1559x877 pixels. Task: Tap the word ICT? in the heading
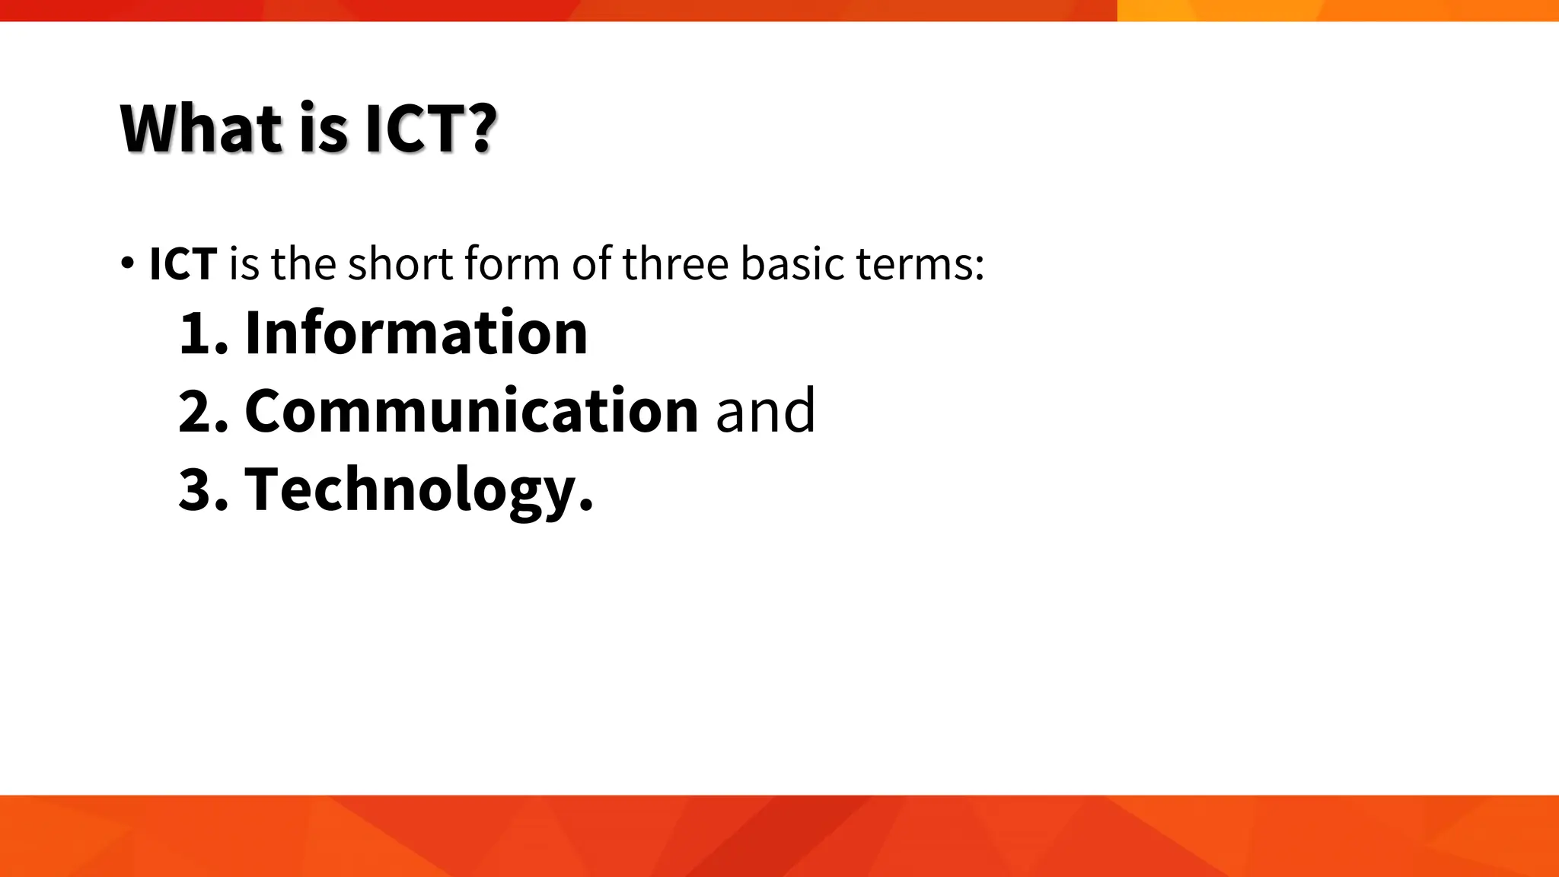click(x=430, y=128)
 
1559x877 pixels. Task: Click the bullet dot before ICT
click(x=126, y=263)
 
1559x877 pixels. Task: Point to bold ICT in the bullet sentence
click(x=183, y=264)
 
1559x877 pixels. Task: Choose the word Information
click(x=416, y=333)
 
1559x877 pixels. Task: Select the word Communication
click(x=471, y=411)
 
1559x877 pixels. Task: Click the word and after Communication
click(x=765, y=411)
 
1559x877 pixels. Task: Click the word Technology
click(x=418, y=489)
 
